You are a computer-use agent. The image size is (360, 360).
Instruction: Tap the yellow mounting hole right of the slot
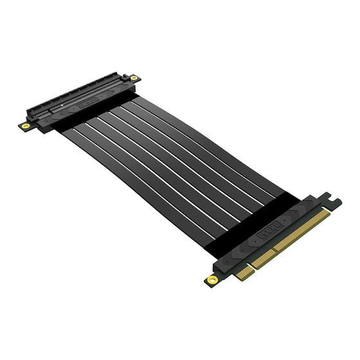pos(134,78)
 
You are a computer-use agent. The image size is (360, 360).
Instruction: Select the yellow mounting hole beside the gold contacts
pos(212,279)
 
